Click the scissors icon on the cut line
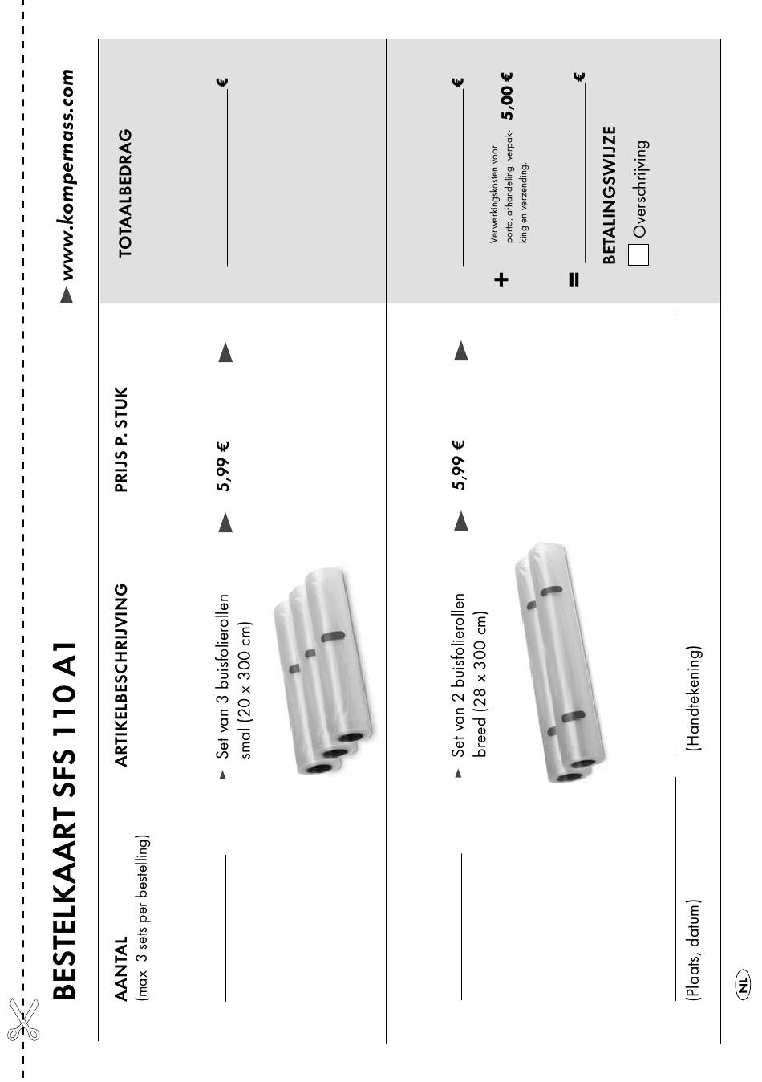(23, 1020)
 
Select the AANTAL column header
(121, 969)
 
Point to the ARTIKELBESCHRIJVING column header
(121, 674)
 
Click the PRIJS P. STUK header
(121, 439)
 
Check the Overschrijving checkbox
(638, 254)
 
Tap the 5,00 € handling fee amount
(507, 96)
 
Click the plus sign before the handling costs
(502, 279)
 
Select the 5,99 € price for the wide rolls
(458, 466)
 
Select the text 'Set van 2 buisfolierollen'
(459, 674)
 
